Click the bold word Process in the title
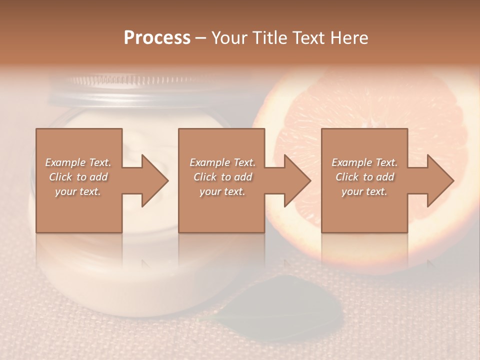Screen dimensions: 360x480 (157, 38)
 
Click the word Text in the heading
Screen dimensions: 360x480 (309, 38)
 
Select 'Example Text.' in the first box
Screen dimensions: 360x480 (78, 162)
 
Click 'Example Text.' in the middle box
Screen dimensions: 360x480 (222, 162)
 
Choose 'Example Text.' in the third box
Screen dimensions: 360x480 (364, 162)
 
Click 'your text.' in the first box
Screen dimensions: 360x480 (78, 191)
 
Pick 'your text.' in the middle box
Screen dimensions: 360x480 (222, 191)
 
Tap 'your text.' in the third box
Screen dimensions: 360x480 (364, 191)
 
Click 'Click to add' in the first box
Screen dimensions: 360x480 (78, 177)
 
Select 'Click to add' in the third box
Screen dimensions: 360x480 (364, 177)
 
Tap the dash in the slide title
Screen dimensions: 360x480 (201, 38)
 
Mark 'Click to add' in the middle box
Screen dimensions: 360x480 (222, 177)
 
